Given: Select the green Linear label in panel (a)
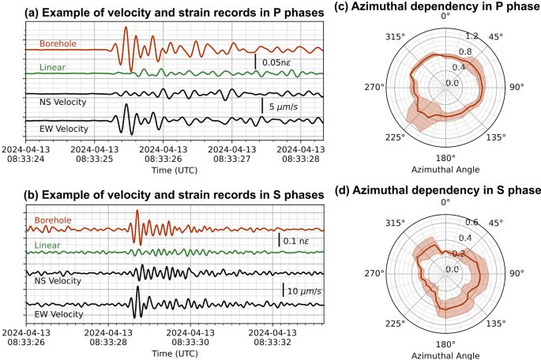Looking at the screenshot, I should pos(52,69).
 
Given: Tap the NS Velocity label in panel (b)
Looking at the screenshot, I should pos(62,280).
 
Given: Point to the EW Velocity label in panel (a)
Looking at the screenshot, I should pos(63,128).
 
